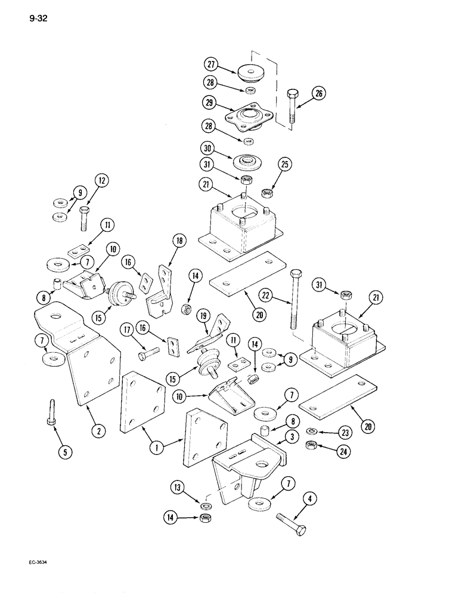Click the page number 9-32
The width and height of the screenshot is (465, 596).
(37, 17)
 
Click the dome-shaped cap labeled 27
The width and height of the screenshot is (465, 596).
(252, 74)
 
